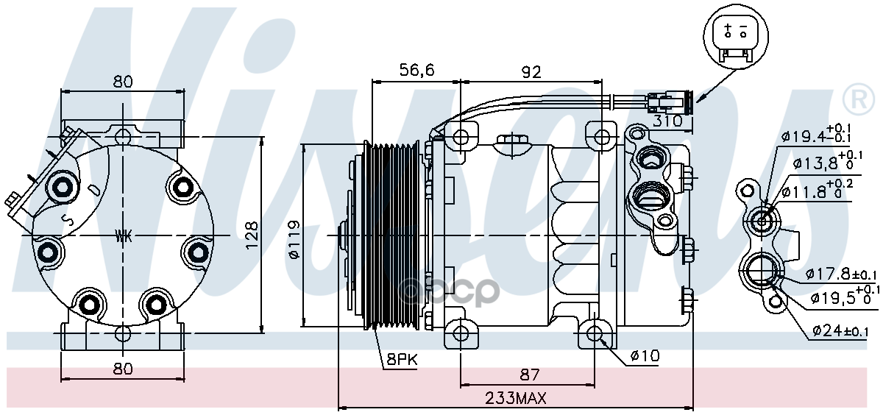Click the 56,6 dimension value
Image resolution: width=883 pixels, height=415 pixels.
point(416,70)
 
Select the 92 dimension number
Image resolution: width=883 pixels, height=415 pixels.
point(531,72)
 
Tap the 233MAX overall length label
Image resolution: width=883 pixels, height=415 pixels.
point(516,399)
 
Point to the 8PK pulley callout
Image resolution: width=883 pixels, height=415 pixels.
point(401,359)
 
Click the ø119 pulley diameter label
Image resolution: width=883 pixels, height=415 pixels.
point(294,240)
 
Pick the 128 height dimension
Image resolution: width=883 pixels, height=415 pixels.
point(252,235)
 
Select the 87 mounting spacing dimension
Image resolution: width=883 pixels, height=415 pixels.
point(529,375)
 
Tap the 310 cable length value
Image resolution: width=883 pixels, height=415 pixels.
point(667,121)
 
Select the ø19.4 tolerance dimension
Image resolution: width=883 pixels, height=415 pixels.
point(816,135)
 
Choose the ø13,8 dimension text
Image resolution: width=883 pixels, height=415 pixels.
point(827,162)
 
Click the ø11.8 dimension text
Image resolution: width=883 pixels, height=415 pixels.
point(818,191)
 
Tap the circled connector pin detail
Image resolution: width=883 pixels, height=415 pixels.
point(736,37)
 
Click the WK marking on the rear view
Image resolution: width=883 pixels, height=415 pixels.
point(124,236)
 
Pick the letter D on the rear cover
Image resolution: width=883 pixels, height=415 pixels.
point(95,190)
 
